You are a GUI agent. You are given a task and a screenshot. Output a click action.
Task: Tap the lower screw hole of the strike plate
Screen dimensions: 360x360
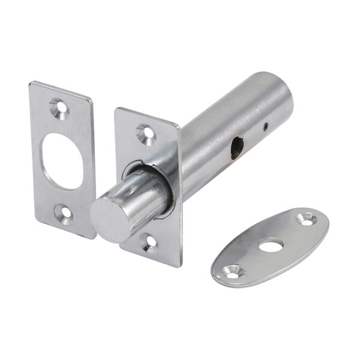tap(62, 211)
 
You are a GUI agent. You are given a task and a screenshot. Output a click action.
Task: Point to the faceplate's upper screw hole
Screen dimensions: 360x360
tap(144, 133)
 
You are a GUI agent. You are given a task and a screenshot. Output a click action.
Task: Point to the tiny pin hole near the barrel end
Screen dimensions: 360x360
tap(265, 126)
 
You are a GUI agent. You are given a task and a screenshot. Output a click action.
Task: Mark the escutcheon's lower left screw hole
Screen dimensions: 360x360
tap(231, 269)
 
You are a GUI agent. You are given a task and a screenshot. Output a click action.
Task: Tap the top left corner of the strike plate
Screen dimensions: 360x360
tap(31, 83)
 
